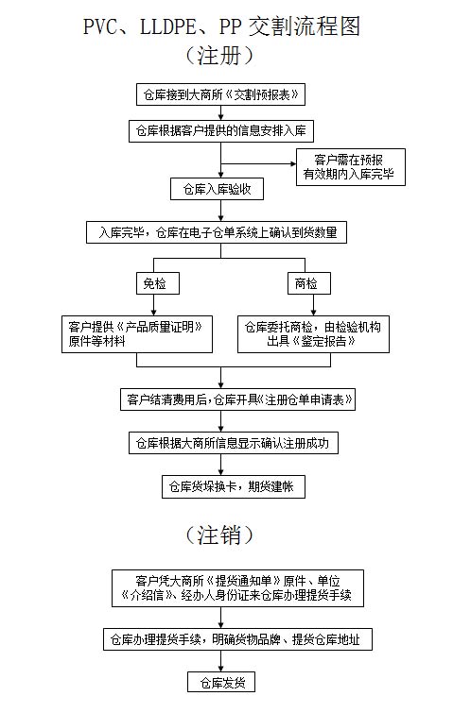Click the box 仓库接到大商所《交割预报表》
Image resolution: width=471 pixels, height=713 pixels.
click(x=220, y=94)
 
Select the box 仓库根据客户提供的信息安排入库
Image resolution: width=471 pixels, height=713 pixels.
click(x=221, y=131)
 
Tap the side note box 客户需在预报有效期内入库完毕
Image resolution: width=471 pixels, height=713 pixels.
click(x=350, y=167)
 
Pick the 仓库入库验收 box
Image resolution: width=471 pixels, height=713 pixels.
click(x=217, y=189)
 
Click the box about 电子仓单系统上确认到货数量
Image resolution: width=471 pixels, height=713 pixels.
click(x=217, y=232)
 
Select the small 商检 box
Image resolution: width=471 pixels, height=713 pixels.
click(x=309, y=283)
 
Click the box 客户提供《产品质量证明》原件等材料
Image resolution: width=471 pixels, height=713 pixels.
click(x=137, y=333)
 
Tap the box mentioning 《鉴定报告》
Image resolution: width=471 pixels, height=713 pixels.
click(x=313, y=333)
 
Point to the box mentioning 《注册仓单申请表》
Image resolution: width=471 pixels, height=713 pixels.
click(x=237, y=399)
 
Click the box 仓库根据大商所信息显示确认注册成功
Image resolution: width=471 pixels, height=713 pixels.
click(x=234, y=443)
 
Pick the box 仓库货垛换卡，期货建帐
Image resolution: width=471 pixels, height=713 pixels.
click(x=234, y=486)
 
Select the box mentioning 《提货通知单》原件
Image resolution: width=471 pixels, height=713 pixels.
click(x=237, y=588)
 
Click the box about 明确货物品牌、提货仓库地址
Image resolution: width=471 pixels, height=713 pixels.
click(x=237, y=639)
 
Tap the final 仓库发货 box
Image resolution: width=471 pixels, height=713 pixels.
click(x=221, y=682)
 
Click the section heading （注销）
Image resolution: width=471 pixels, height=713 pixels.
click(x=219, y=535)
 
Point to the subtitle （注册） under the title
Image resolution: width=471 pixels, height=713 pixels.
click(x=219, y=56)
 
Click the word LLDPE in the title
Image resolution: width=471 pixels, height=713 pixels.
click(x=167, y=26)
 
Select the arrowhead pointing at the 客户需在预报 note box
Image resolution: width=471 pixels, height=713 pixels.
click(x=293, y=163)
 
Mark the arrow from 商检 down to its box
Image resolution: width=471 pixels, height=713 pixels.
click(x=313, y=305)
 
